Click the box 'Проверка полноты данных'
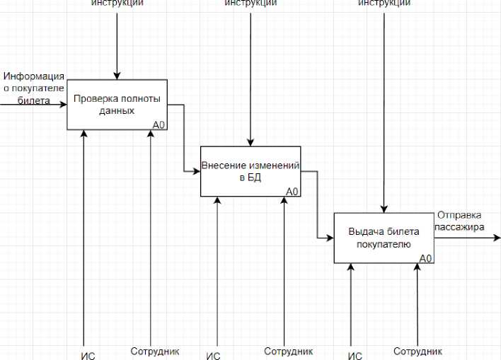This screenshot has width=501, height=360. [x=117, y=105]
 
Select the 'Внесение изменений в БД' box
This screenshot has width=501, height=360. [x=250, y=171]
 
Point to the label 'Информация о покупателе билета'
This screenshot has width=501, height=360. [x=34, y=88]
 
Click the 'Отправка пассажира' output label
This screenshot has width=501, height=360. [x=460, y=221]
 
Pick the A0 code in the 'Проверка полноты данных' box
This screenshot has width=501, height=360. [x=159, y=125]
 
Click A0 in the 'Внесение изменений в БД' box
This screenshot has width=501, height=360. [x=292, y=192]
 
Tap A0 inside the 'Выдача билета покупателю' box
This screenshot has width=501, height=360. [x=425, y=258]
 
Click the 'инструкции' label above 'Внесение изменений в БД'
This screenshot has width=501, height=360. [x=250, y=4]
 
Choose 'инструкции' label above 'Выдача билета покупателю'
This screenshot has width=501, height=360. [x=384, y=4]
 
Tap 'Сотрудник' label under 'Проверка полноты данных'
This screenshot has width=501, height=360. [x=155, y=351]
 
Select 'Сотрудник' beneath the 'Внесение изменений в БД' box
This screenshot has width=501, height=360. [x=289, y=351]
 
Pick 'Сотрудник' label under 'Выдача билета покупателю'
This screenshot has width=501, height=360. [x=418, y=351]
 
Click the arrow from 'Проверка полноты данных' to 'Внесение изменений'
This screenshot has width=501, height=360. [x=184, y=138]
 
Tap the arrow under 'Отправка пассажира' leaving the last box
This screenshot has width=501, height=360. [x=467, y=238]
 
